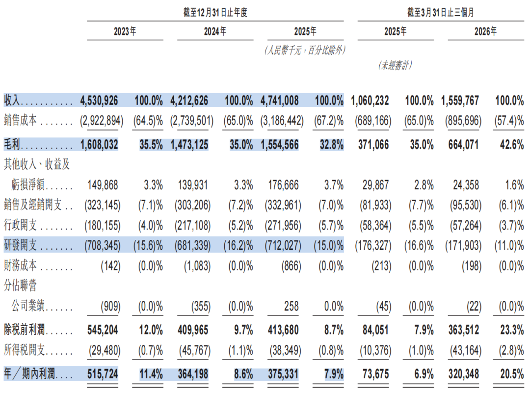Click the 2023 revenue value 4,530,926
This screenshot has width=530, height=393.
click(99, 101)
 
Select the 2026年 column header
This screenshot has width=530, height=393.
click(486, 31)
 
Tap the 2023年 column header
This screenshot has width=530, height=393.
click(125, 31)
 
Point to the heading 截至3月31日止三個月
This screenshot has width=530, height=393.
click(440, 12)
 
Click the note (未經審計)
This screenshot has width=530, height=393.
click(395, 65)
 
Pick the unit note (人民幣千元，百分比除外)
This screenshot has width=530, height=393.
click(305, 51)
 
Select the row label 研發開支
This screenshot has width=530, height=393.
click(20, 245)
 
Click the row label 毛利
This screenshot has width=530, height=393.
click(12, 145)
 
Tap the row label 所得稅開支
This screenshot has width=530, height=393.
click(25, 350)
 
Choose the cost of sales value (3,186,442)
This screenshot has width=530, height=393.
click(282, 121)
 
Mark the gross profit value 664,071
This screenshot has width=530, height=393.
click(463, 145)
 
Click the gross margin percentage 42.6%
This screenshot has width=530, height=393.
click(512, 145)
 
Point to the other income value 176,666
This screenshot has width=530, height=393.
click(283, 185)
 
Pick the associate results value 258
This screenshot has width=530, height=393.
click(291, 306)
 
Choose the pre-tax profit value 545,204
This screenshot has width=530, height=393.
click(103, 330)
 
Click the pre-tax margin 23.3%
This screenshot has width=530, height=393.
click(512, 330)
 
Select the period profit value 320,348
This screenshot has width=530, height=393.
click(464, 374)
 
